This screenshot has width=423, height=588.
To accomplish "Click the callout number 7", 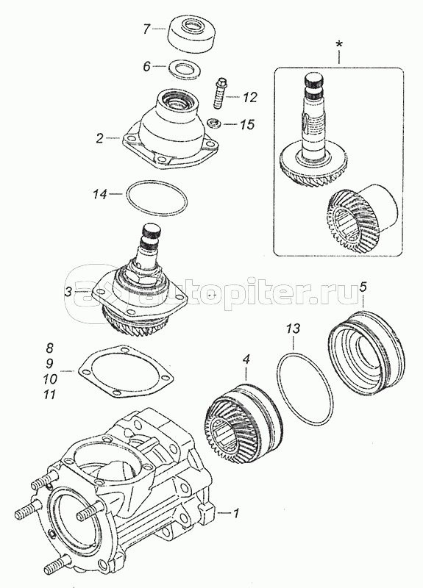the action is coord(146,29).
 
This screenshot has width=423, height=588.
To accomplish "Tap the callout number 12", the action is coord(249,98).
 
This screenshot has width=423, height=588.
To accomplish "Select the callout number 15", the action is coord(247,124).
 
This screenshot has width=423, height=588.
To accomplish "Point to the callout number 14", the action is coord(101,194).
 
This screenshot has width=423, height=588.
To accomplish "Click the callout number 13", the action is coord(293,329).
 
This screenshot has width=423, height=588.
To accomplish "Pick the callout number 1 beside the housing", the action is coord(235,512).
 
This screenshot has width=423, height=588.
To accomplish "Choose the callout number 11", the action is coord(49,395).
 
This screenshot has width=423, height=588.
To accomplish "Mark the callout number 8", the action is coord(49,348).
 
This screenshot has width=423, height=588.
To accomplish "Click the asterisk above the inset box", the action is coord(339,44).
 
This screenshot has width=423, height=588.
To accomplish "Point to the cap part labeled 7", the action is coord(191,35).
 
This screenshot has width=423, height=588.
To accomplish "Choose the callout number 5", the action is coord(363,287).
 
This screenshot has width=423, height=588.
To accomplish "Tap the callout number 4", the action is coord(246,360).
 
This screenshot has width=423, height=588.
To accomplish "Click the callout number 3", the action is coord(68,292).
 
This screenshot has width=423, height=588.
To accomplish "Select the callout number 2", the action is coord(99,138).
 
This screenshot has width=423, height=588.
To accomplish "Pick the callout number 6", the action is coord(146,66).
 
